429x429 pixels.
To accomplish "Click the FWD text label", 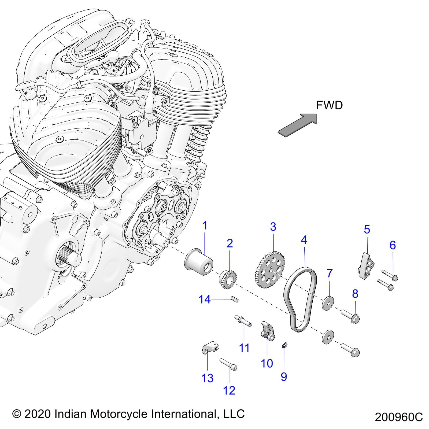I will pos(329,105).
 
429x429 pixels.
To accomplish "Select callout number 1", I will pos(205,226).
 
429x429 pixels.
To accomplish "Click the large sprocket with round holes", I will pos(269,270).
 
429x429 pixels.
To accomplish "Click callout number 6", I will pos(393,245).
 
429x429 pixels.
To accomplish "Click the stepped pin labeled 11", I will pos(243,321).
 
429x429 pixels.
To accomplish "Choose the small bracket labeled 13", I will pos(210,348).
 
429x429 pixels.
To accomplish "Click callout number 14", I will pos(205,299).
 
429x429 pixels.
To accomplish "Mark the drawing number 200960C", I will pos(398,417).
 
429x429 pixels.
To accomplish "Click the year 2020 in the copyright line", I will pos(38,413).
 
